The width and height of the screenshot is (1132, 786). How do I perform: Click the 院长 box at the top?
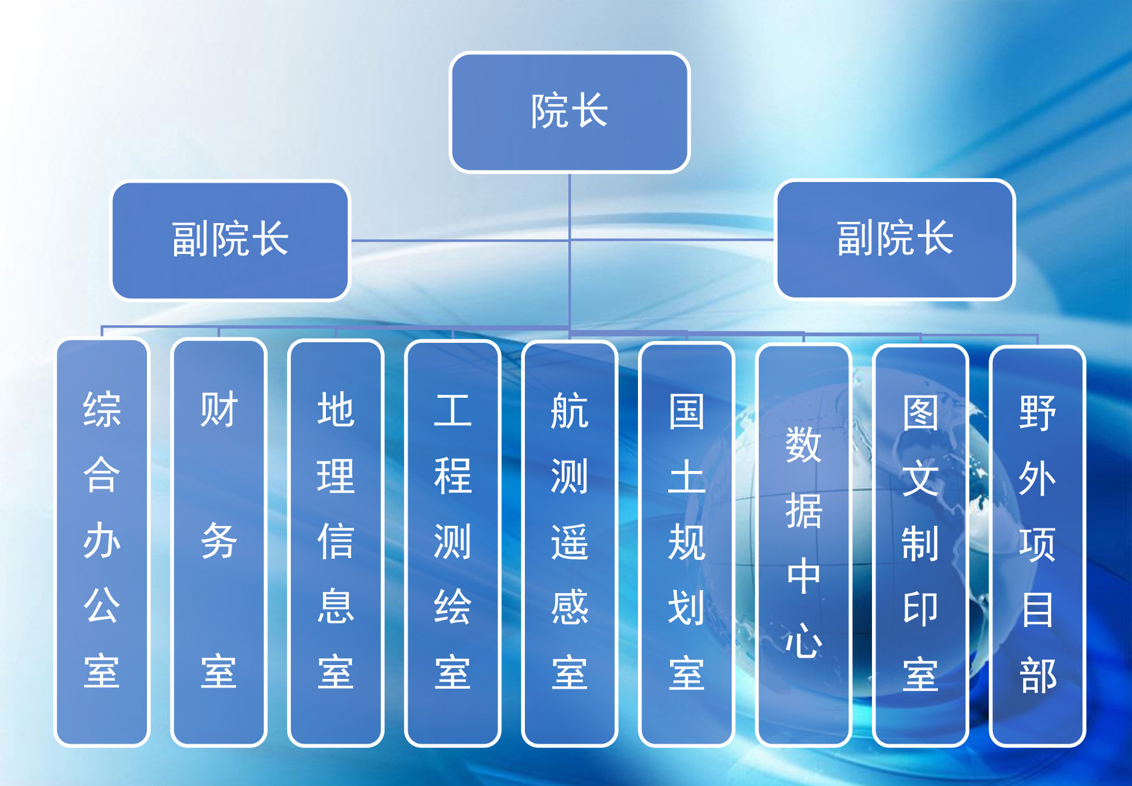pyautogui.click(x=570, y=112)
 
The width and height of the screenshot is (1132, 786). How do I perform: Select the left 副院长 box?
pyautogui.click(x=230, y=240)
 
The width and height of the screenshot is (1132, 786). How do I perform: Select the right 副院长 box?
pyautogui.click(x=895, y=239)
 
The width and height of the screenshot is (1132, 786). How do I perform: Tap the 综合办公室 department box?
pyautogui.click(x=102, y=542)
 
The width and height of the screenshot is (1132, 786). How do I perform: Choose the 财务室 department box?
pyautogui.click(x=219, y=542)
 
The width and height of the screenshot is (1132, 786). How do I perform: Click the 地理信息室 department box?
pyautogui.click(x=336, y=543)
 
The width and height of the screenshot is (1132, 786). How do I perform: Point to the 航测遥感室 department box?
pyautogui.click(x=570, y=544)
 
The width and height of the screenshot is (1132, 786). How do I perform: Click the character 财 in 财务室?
pyautogui.click(x=219, y=409)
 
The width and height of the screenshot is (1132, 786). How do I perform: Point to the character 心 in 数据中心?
pyautogui.click(x=804, y=640)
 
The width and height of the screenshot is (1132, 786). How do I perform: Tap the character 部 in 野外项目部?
pyautogui.click(x=1038, y=676)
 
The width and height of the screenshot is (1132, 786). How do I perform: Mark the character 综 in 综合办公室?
pyautogui.click(x=102, y=409)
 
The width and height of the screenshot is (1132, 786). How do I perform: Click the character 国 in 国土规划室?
pyautogui.click(x=687, y=412)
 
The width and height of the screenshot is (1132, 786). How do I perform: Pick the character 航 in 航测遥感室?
pyautogui.click(x=570, y=411)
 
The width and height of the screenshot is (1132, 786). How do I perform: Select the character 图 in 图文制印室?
pyautogui.click(x=920, y=413)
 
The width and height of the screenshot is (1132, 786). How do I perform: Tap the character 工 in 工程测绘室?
pyautogui.click(x=453, y=411)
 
